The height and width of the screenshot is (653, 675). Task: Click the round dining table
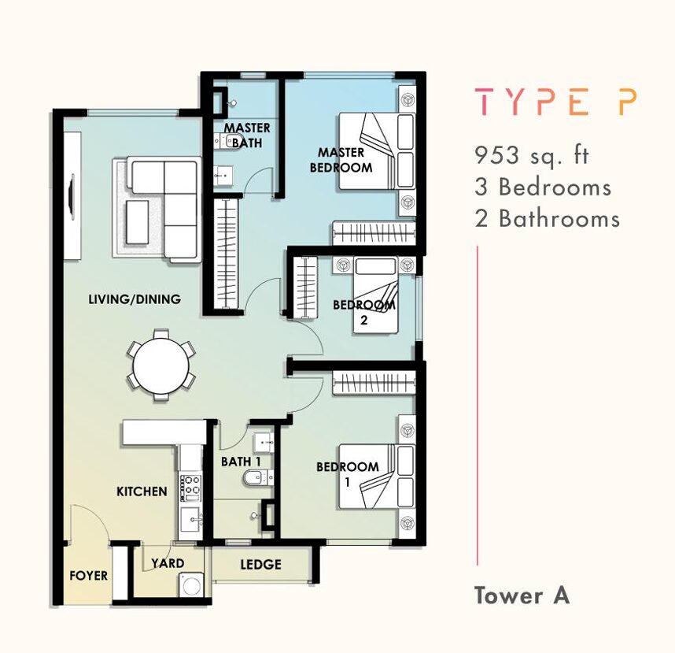point(160,365)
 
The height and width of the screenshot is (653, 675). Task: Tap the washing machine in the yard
point(191,585)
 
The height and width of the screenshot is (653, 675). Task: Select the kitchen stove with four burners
point(190,488)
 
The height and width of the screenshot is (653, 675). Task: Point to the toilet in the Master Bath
point(227,141)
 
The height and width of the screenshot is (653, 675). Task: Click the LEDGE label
point(261,565)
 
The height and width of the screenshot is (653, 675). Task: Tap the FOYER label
point(88,576)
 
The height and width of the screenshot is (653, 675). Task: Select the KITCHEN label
point(142,492)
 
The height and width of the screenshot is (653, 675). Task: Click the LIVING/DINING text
point(135,299)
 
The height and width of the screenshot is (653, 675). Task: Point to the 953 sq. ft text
point(531,155)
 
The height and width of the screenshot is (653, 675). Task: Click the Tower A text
point(522,595)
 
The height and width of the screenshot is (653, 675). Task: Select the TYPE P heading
point(555,102)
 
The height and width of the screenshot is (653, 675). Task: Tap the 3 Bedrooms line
point(543,187)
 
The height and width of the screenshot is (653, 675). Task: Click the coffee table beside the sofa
point(138,221)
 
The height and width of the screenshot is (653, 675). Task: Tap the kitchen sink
point(190,520)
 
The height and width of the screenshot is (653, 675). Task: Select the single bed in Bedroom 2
point(375,295)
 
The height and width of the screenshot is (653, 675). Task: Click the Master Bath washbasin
point(223,176)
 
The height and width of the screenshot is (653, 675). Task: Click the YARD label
point(168,563)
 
